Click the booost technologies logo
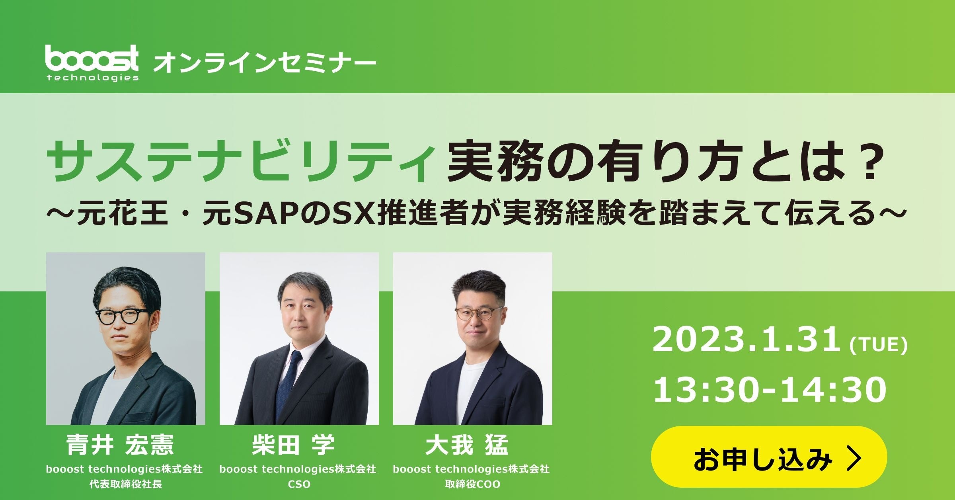92,63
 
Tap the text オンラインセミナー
265,63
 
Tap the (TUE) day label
878,345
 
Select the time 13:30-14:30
770,390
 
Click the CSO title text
299,484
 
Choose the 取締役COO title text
472,484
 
